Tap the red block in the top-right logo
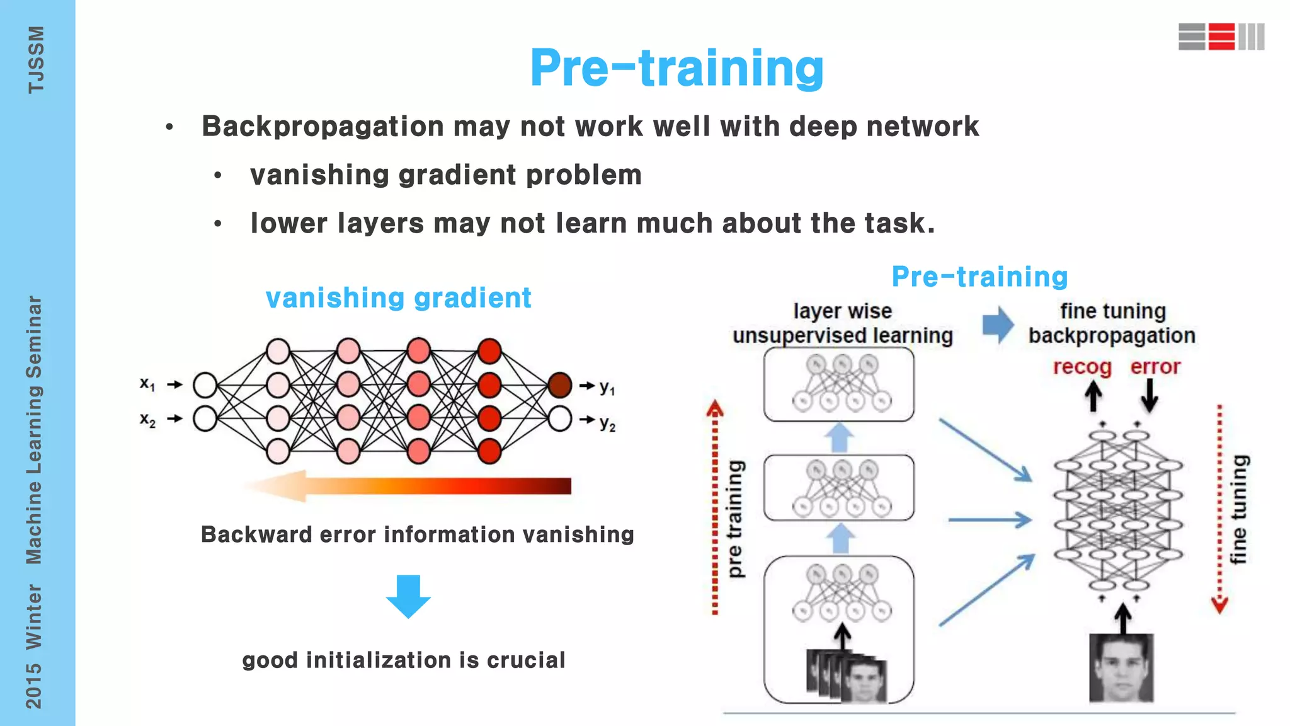[1221, 37]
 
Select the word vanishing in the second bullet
[319, 175]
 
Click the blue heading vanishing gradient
[398, 298]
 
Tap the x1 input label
[147, 384]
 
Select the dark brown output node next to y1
[559, 385]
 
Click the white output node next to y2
[559, 418]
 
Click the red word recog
[1082, 367]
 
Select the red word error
[1155, 367]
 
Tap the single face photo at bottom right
[1121, 668]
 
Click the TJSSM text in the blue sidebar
[36, 60]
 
